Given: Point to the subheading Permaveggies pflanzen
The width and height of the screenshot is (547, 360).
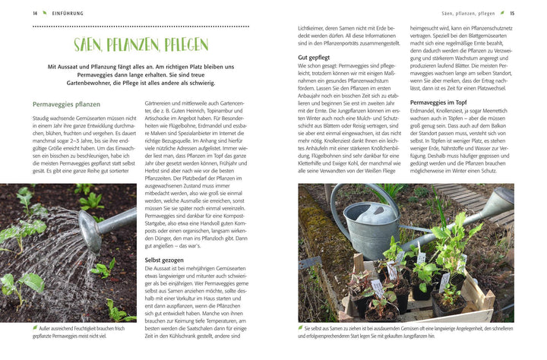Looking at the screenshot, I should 66,104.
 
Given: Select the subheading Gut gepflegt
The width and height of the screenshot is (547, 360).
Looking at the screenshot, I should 314,57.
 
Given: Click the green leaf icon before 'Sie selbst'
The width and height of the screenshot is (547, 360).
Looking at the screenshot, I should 302,328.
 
